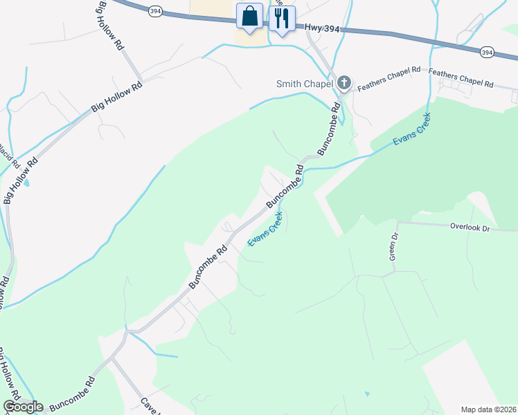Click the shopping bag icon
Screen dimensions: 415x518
[x=249, y=16]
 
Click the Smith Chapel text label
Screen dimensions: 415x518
[x=305, y=84]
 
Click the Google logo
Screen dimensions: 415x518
[x=22, y=407]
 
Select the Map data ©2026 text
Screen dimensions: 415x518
[x=488, y=409]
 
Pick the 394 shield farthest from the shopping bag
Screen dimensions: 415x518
[x=488, y=52]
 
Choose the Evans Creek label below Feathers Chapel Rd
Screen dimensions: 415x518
[x=411, y=129]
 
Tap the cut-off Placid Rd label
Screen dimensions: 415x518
[x=4, y=149]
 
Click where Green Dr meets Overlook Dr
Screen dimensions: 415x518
[x=398, y=223]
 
